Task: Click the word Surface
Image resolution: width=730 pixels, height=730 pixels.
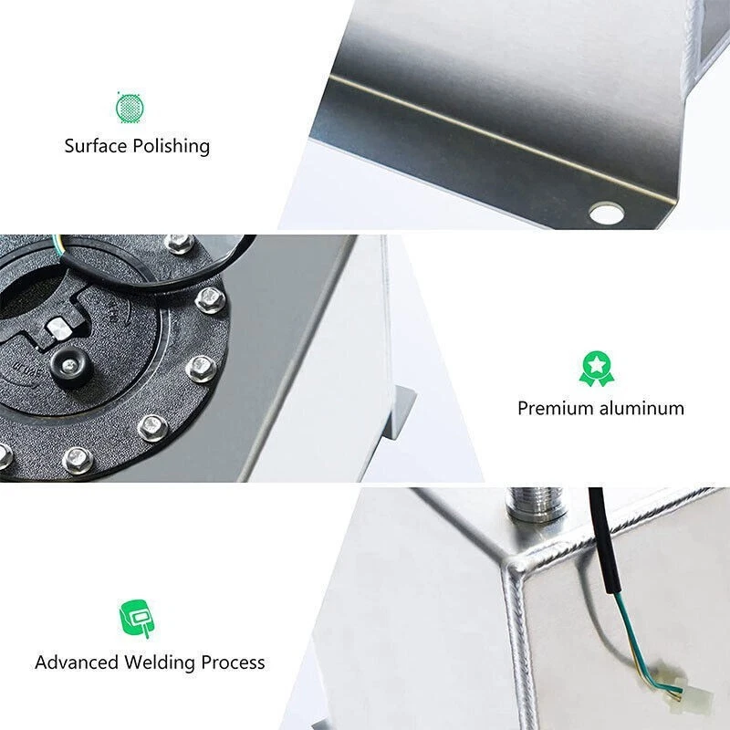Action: (x=97, y=146)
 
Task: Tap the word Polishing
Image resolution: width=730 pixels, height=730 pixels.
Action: (x=172, y=146)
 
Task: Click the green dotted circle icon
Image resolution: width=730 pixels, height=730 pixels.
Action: (x=130, y=108)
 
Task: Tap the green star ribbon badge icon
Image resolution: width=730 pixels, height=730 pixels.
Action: (x=597, y=369)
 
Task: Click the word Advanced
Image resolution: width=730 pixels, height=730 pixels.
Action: (x=77, y=662)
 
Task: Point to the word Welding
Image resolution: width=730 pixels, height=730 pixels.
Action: (x=160, y=662)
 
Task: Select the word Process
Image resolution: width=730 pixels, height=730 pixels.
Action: (x=233, y=662)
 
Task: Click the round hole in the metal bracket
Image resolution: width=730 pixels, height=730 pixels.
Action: (x=606, y=214)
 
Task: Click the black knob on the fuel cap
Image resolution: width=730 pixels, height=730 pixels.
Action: (x=69, y=366)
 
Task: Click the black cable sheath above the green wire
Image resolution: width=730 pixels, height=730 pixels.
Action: (x=602, y=540)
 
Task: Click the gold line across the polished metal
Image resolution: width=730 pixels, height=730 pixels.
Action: (x=503, y=140)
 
